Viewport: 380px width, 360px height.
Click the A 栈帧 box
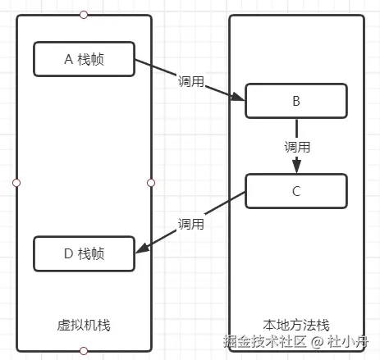tap(83, 58)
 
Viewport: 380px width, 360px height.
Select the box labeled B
tap(295, 103)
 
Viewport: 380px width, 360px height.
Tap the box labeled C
tap(295, 192)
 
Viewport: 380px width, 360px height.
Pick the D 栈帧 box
tap(83, 253)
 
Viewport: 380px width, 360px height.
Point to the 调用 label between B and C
tap(296, 148)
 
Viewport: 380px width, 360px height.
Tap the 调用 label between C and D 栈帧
tap(191, 223)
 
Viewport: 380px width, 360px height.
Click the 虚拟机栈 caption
tap(84, 326)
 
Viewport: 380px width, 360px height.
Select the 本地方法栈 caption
tap(296, 326)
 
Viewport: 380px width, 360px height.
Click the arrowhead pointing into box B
tap(239, 98)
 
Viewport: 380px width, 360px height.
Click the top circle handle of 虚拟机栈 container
tap(84, 15)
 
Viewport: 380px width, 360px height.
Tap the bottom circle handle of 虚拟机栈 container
tap(84, 351)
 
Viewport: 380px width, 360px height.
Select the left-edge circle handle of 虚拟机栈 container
tap(16, 182)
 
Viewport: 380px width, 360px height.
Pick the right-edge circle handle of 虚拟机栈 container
tap(151, 182)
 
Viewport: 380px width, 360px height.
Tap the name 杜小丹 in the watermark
tap(350, 341)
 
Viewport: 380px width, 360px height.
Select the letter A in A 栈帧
tap(67, 58)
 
